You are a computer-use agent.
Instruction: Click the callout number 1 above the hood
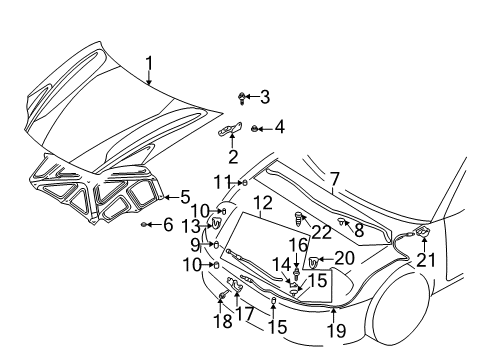coord(149,67)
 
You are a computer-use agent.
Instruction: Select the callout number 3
coord(265,97)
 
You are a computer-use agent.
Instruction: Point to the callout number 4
coord(280,127)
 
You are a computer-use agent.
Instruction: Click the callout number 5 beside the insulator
coord(185,197)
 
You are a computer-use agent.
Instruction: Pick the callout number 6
coord(167,224)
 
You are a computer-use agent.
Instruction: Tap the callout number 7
coord(335,179)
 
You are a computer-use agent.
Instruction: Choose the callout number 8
coord(358,230)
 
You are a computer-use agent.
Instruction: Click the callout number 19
coord(336,329)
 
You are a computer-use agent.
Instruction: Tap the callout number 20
coord(344,258)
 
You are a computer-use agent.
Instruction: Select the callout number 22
coord(320,232)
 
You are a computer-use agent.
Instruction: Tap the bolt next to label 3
coord(244,97)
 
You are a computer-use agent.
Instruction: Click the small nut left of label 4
coord(256,128)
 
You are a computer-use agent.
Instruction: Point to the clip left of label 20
coord(315,262)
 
